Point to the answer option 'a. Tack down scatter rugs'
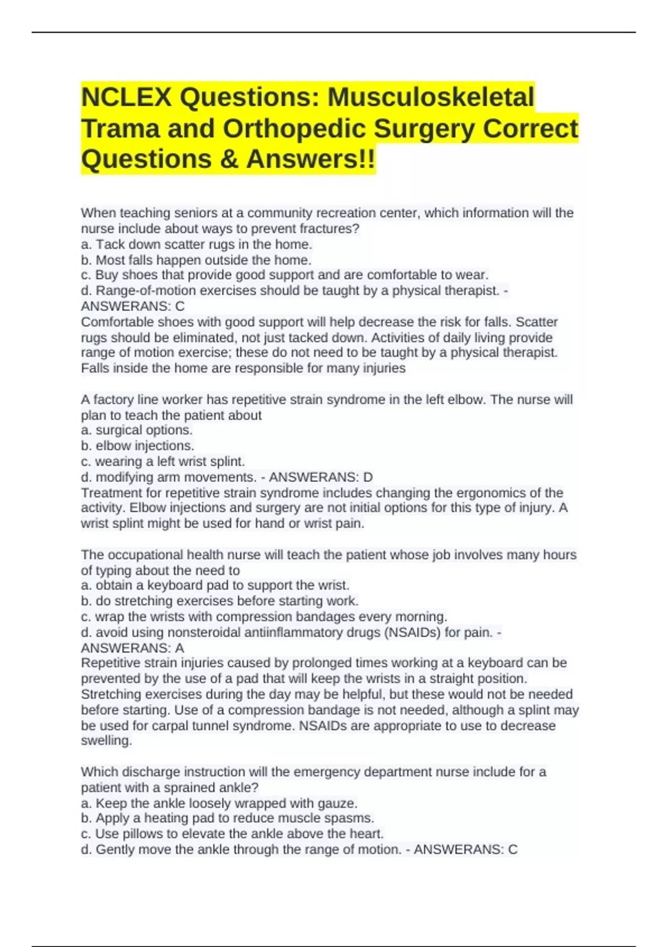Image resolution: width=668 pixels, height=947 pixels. click(197, 245)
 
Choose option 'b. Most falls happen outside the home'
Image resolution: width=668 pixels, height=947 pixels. click(196, 260)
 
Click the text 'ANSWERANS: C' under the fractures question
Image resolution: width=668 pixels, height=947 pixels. click(132, 306)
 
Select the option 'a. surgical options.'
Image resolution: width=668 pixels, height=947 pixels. click(136, 430)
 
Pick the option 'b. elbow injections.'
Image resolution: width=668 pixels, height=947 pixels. click(137, 446)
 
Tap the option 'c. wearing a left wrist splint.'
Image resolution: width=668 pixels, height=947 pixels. click(163, 461)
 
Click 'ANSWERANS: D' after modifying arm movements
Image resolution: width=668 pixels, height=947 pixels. click(321, 477)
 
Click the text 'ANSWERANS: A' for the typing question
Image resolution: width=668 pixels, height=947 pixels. click(132, 648)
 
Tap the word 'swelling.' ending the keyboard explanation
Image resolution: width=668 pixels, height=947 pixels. click(106, 741)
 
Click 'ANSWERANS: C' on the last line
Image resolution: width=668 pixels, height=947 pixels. click(465, 850)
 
